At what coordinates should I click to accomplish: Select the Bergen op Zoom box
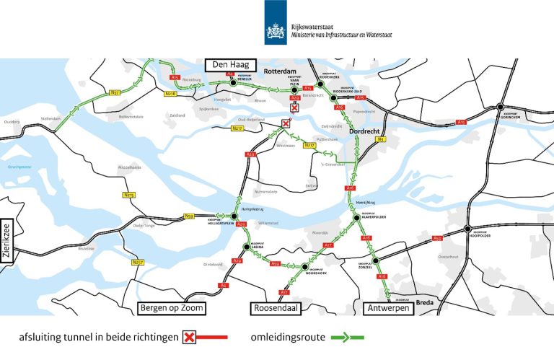(x=171, y=309)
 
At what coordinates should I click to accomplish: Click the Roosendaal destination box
(x=276, y=309)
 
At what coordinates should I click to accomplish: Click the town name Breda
(x=425, y=303)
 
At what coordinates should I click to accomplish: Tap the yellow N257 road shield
(x=138, y=262)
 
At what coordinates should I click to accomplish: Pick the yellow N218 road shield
(x=171, y=94)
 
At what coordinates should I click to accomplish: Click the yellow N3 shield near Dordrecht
(x=382, y=139)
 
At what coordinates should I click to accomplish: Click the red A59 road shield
(x=437, y=238)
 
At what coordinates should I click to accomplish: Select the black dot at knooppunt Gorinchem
(x=499, y=107)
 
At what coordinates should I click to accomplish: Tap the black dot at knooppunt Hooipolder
(x=467, y=231)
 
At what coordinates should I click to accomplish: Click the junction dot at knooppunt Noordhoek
(x=305, y=267)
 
